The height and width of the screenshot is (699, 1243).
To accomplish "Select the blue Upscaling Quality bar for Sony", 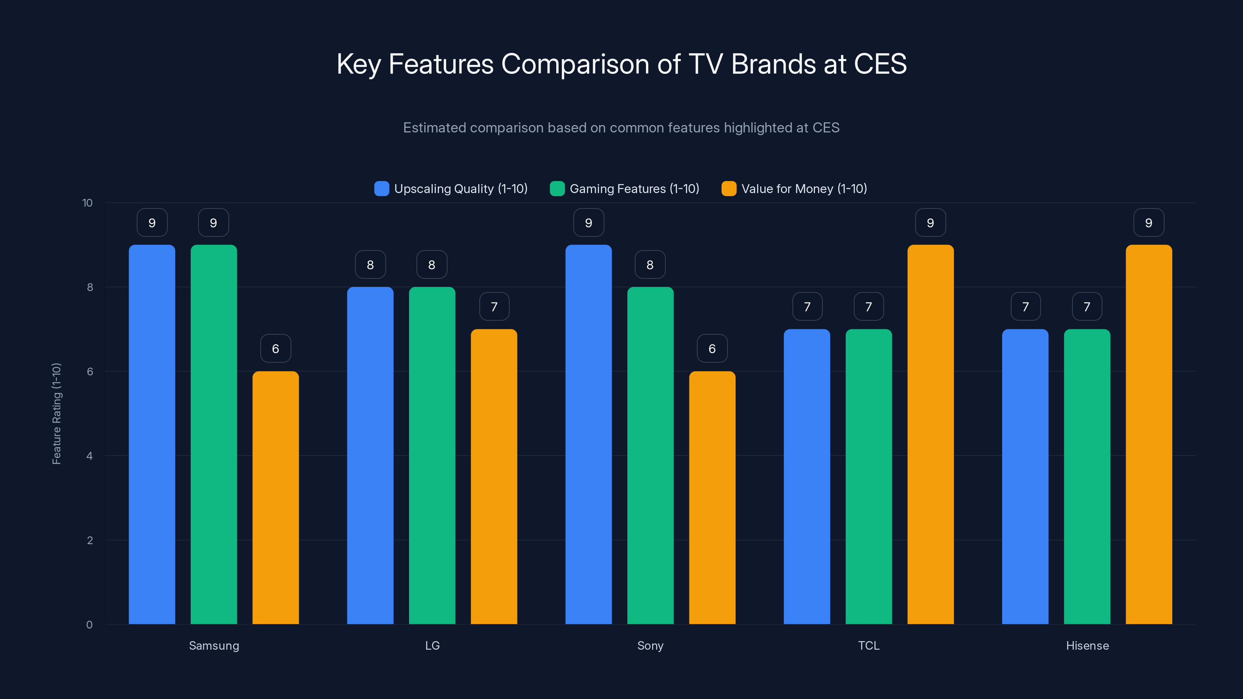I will (588, 434).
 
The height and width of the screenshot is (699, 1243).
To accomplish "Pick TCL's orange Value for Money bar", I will (930, 434).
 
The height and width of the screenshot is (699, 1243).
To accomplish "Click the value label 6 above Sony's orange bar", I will (712, 348).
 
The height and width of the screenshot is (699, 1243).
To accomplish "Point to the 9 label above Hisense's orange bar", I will (1149, 223).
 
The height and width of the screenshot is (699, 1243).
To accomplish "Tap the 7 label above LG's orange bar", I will (494, 306).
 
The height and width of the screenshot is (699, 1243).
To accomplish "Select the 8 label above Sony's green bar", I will (650, 264).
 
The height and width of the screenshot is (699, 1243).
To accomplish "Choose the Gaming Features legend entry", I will (625, 189).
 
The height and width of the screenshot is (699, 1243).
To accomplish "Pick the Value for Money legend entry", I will (794, 189).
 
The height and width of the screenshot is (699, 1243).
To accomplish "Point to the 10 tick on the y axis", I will (87, 203).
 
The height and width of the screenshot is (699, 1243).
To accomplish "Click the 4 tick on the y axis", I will (89, 456).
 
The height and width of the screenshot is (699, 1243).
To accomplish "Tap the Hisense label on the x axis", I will (1087, 645).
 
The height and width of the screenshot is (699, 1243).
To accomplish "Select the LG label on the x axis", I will (432, 645).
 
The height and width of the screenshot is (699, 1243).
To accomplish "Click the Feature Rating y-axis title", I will (56, 414).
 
